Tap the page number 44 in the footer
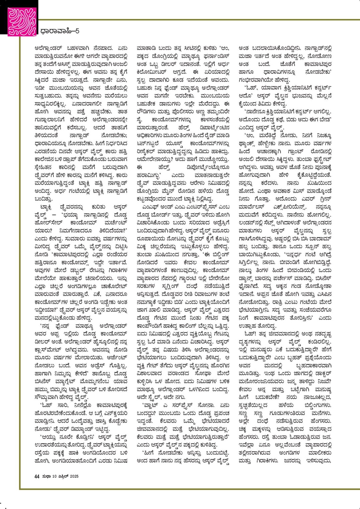coord(37,476)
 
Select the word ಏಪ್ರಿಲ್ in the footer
coord(61,476)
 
